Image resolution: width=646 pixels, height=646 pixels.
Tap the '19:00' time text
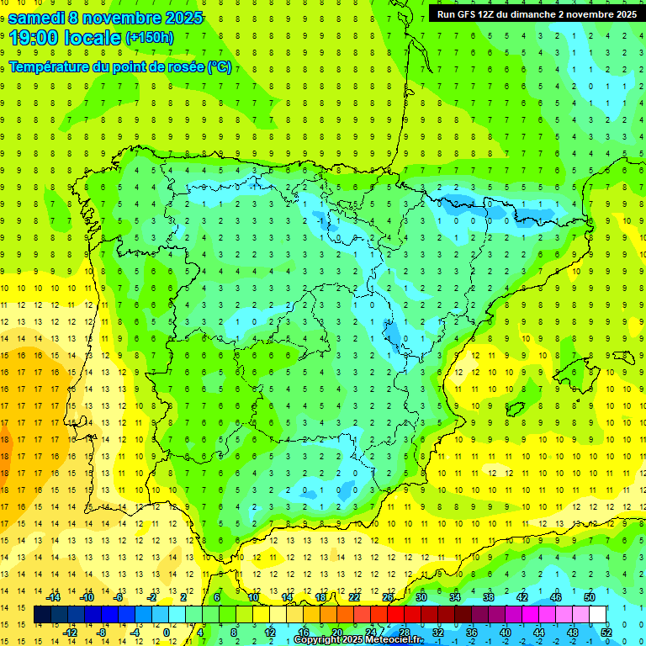[x=31, y=38]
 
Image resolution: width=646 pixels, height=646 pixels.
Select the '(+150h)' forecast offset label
[x=150, y=38]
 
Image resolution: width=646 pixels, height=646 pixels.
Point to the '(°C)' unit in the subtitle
[x=219, y=66]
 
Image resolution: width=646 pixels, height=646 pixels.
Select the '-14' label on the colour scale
[x=52, y=597]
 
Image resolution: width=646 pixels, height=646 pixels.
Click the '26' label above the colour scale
[x=388, y=597]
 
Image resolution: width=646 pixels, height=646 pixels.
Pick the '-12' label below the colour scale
[x=69, y=633]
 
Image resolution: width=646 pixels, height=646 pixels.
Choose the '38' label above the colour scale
[x=489, y=597]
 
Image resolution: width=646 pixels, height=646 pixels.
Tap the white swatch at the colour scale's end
[x=598, y=615]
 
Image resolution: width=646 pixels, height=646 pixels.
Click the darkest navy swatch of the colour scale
[x=43, y=615]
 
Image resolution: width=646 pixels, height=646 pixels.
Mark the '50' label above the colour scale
[x=590, y=597]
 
